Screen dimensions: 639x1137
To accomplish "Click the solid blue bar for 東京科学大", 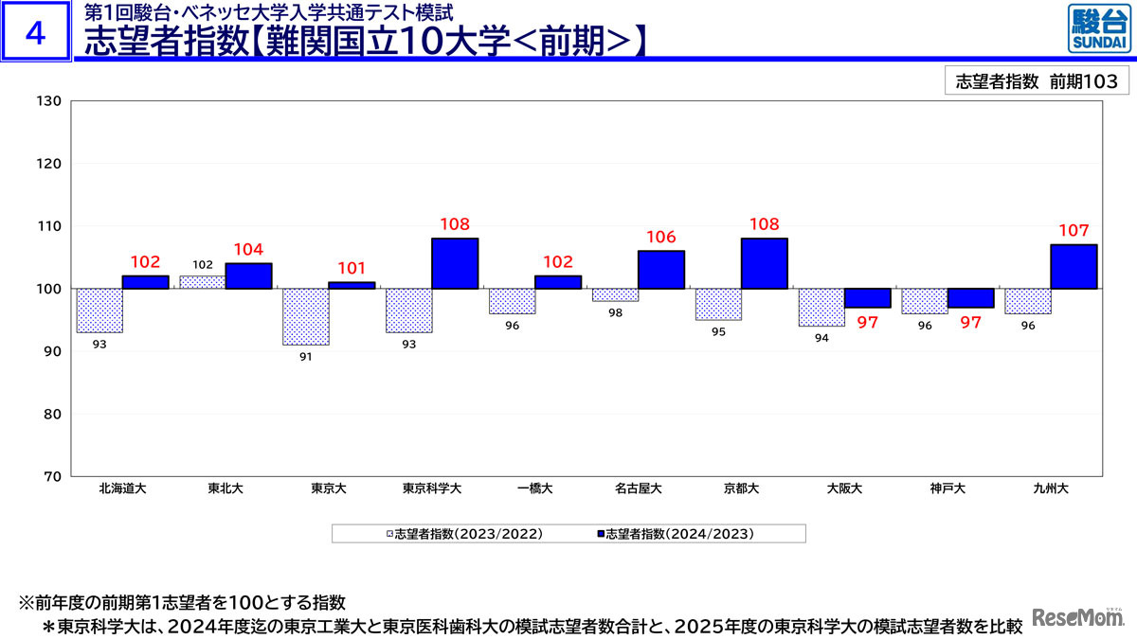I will point(455,263).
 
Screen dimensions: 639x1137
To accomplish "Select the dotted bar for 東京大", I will point(306,316).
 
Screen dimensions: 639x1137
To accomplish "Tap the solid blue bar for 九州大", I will point(1074,266).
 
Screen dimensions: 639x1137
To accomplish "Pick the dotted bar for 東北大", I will point(203,282).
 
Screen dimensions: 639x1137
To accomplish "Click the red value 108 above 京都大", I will point(764,225).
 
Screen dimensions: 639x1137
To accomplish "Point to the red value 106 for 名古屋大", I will point(660,238).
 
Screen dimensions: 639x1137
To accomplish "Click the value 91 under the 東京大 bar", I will point(306,357).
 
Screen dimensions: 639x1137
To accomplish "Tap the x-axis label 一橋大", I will point(534,489).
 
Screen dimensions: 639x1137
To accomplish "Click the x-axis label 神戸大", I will point(947,489).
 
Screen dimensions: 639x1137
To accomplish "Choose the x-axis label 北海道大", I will point(122,489).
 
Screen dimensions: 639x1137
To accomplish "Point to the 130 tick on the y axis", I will point(48,101).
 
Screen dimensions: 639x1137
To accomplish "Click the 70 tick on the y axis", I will point(51,476).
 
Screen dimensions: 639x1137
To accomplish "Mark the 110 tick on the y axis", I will point(48,226).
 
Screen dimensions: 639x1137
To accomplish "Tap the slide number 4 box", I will point(36,33).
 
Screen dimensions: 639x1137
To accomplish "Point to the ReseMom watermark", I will point(1076,618).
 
